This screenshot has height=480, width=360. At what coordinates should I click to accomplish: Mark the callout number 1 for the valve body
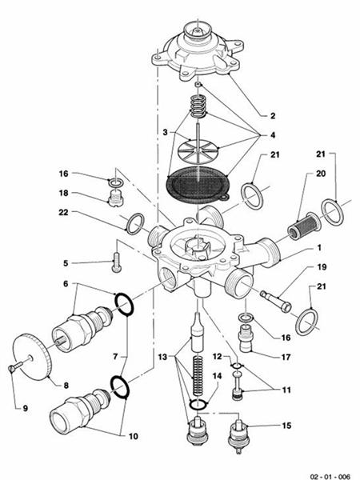click(319, 249)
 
